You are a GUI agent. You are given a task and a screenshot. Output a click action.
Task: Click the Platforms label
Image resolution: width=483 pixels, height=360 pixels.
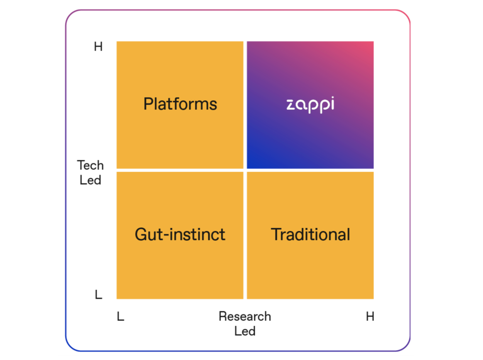(x=180, y=104)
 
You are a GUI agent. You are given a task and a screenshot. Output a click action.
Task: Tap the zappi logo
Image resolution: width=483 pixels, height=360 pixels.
(x=310, y=104)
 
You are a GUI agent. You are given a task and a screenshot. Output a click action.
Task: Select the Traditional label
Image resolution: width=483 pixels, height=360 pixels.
(x=310, y=235)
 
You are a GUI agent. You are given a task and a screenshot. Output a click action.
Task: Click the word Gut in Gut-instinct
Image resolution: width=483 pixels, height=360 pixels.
(x=147, y=235)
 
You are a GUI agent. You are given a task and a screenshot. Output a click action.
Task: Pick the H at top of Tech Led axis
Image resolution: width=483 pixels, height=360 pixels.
(x=98, y=47)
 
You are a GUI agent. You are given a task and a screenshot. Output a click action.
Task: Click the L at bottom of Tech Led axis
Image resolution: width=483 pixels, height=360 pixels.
(x=98, y=295)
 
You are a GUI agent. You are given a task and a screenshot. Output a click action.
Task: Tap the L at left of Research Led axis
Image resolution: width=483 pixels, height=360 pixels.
(x=120, y=317)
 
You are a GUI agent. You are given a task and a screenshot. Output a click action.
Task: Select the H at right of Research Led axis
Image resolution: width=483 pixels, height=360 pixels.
(x=370, y=317)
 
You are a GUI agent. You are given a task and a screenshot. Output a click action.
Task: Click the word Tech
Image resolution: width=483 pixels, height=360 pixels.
(x=90, y=165)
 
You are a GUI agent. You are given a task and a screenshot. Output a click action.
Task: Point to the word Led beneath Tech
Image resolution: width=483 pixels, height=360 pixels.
(x=90, y=180)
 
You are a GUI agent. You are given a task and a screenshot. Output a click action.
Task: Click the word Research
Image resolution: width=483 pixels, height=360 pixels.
(x=245, y=316)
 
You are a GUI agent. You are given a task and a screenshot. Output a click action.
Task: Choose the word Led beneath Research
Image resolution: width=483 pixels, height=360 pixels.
(x=245, y=331)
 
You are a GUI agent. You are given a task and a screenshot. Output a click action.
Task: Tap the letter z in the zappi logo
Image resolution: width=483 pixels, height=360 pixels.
(x=291, y=105)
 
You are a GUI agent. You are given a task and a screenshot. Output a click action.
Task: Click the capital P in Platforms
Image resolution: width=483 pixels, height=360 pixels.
(x=148, y=104)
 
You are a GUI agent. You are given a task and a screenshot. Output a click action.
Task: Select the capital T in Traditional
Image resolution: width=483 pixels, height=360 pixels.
(x=276, y=235)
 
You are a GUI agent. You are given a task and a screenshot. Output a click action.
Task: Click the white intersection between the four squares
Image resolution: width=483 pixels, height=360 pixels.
(x=245, y=170)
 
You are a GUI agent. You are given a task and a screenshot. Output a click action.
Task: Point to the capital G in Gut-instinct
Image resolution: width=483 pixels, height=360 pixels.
(x=141, y=235)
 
